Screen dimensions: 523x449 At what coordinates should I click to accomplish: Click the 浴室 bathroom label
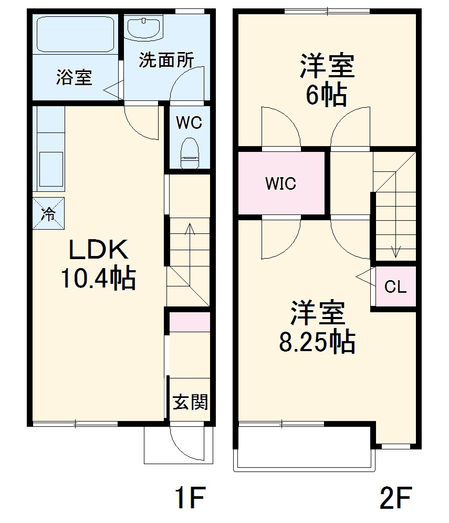pos(74,78)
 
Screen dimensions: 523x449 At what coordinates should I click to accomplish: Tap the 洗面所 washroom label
pos(166,60)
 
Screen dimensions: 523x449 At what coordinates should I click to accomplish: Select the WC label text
pos(189,123)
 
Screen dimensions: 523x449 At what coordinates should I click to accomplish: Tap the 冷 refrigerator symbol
pos(48,213)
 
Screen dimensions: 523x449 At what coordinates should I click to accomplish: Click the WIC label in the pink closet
pos(280,184)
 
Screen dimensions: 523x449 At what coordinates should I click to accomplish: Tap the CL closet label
pos(395,287)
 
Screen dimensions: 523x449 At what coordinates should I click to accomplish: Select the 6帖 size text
pos(326,96)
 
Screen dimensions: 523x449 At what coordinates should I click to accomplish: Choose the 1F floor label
pos(188,498)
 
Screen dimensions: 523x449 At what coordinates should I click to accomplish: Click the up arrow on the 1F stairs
pos(189,229)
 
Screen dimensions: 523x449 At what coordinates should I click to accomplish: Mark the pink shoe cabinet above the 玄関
pos(190,322)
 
